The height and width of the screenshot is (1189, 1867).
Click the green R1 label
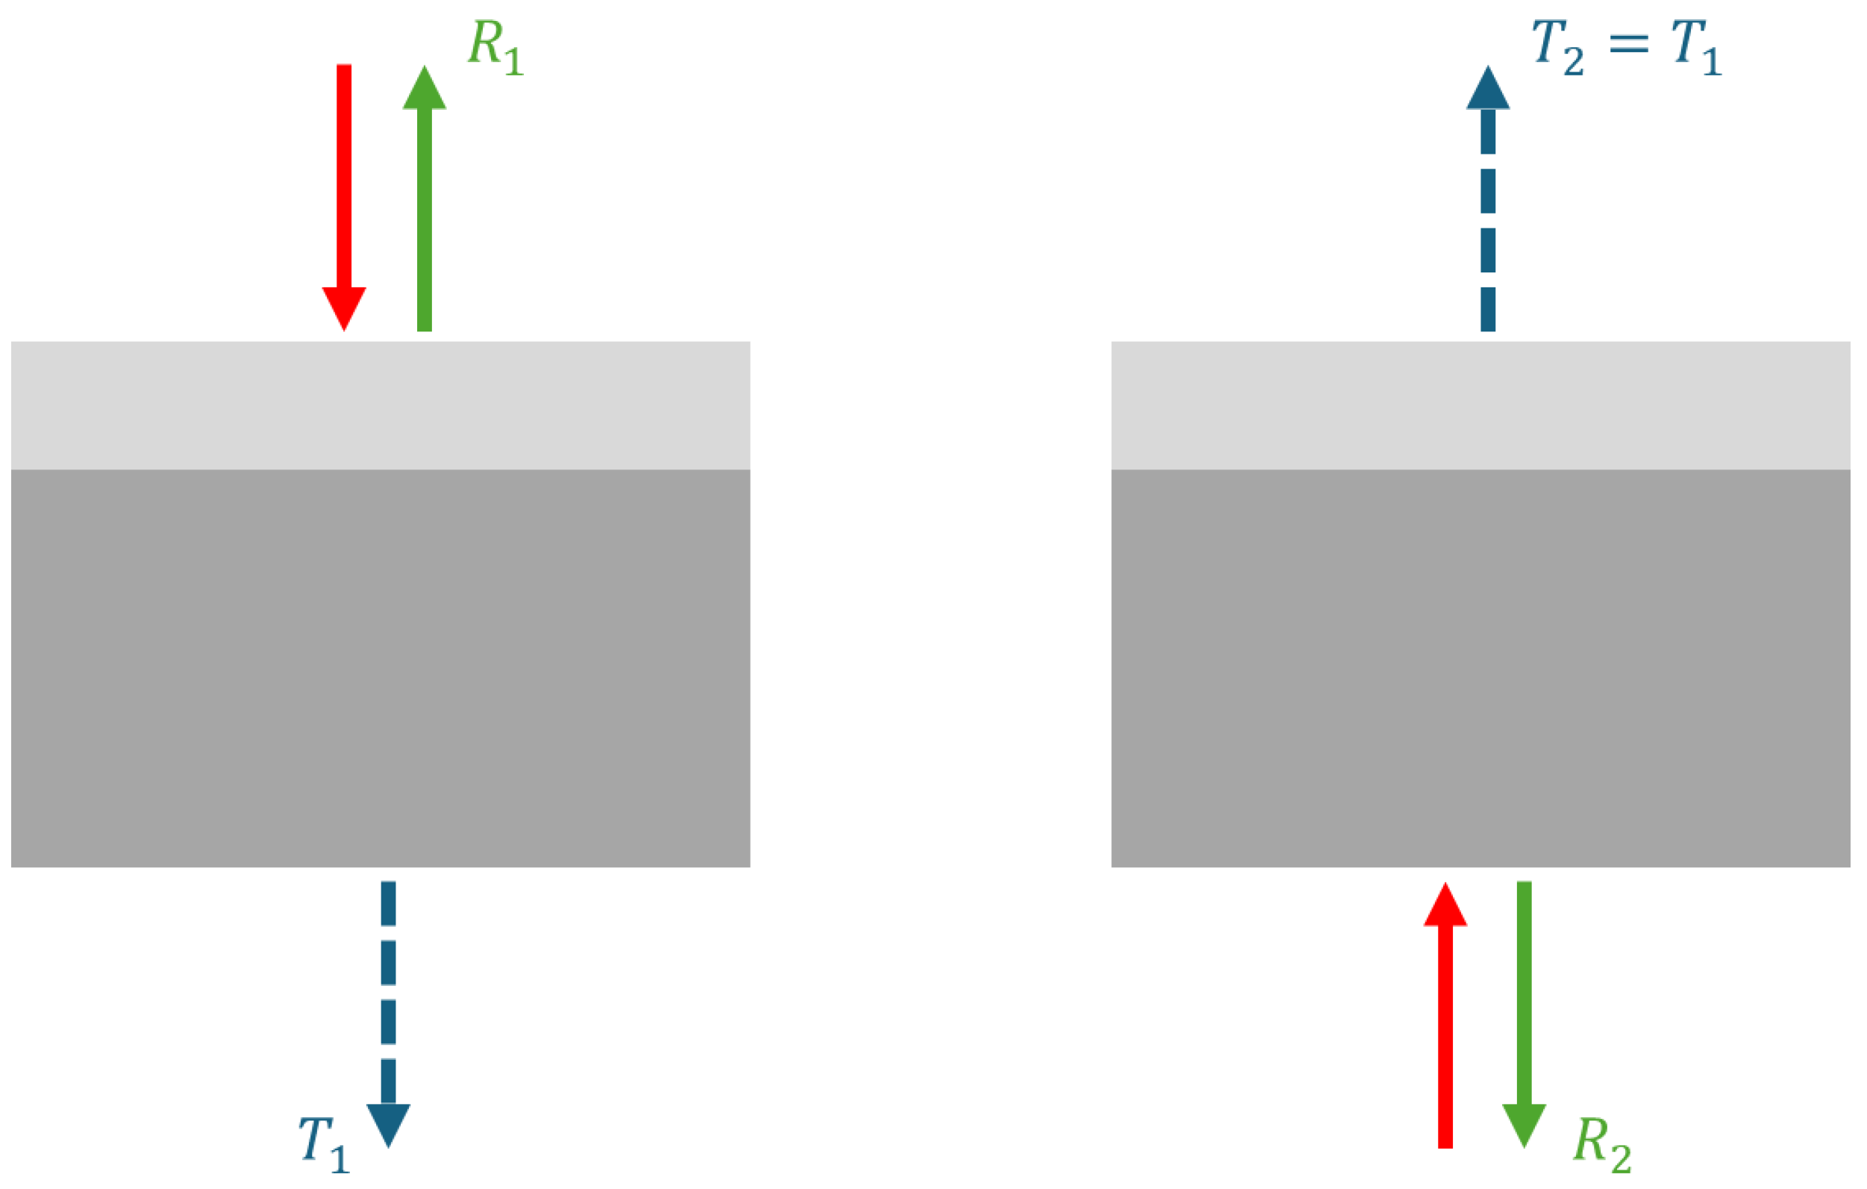point(496,48)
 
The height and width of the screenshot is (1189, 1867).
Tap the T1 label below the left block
point(324,1145)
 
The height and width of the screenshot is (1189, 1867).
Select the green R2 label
point(1602,1145)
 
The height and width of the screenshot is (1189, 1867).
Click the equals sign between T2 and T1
point(1628,43)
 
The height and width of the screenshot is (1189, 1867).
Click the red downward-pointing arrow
point(344,194)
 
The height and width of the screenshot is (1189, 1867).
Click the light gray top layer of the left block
point(380,405)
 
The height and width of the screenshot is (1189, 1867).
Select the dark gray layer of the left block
point(380,667)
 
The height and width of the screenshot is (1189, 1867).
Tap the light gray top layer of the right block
point(1481,405)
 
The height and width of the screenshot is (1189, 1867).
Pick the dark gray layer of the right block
point(1481,667)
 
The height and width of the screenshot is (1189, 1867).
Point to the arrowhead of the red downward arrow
point(344,306)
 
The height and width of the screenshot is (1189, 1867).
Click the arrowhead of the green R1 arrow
point(424,90)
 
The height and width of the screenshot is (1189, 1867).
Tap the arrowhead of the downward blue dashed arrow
point(389,1123)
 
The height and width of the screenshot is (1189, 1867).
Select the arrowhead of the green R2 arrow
point(1524,1123)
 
